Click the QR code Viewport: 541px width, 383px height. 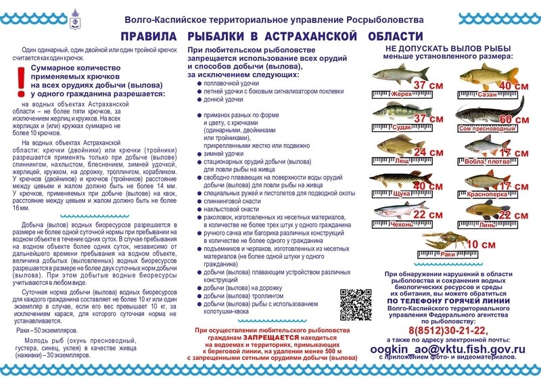(352, 305)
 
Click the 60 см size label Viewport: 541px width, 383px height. (513, 119)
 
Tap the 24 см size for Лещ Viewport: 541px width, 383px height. (428, 152)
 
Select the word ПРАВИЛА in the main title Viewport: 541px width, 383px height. (154, 37)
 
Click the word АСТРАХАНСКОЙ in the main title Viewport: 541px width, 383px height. (325, 37)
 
